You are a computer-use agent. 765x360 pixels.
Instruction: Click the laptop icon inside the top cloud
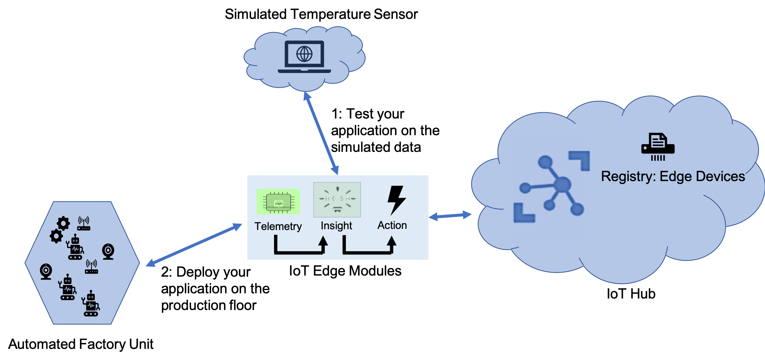click(304, 57)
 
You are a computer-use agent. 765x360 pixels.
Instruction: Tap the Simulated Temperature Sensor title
click(321, 14)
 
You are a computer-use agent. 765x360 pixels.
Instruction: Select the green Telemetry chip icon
click(278, 202)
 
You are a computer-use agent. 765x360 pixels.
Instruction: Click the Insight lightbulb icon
click(337, 200)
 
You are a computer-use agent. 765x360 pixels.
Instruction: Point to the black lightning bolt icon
click(396, 200)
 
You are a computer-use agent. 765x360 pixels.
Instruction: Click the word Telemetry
click(278, 226)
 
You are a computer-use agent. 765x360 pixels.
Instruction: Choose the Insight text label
click(336, 226)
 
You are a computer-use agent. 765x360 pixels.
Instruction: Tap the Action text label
click(392, 225)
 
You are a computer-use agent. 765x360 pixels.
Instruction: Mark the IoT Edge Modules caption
click(345, 271)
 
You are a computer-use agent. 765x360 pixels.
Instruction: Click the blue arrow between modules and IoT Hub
click(450, 216)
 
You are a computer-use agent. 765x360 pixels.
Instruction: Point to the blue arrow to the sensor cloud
click(321, 133)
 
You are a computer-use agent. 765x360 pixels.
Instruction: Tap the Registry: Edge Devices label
click(673, 177)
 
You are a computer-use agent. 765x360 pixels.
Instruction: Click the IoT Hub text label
click(631, 294)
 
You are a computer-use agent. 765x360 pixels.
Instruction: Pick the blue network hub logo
click(552, 187)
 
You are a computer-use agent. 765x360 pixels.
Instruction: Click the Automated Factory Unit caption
click(81, 344)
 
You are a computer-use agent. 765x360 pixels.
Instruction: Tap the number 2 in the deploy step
click(165, 272)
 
